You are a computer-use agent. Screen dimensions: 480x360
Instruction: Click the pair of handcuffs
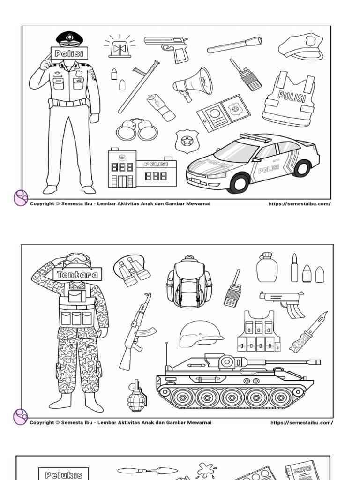[137, 130]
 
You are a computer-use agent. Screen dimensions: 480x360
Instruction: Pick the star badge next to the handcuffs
[187, 141]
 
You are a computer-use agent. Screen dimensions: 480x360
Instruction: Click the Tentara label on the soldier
[77, 274]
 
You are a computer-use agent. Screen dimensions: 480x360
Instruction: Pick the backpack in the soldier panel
[189, 282]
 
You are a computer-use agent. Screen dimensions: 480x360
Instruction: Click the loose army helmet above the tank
[200, 333]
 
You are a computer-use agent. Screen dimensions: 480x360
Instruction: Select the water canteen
[267, 268]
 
